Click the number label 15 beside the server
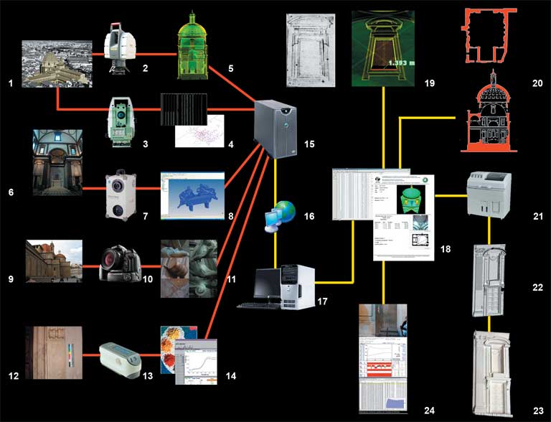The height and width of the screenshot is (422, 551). coord(309,144)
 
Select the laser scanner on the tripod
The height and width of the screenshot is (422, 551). coord(118,46)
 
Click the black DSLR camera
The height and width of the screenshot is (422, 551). coord(119,263)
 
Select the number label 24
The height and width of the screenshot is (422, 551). coord(429,410)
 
